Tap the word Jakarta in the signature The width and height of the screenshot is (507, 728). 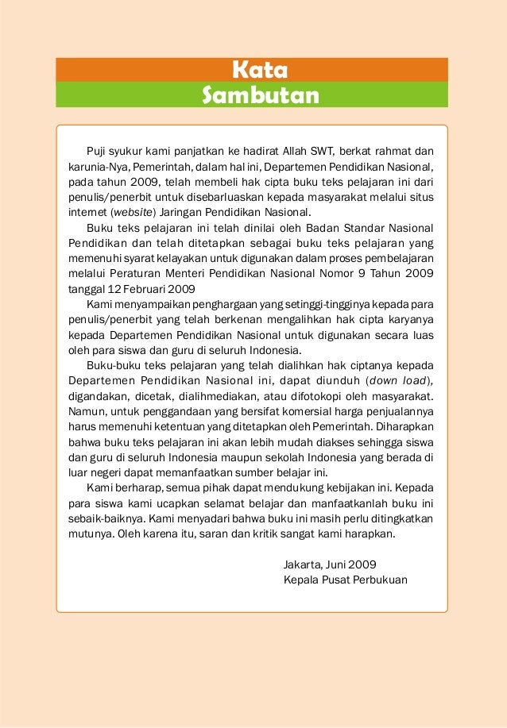pos(301,564)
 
